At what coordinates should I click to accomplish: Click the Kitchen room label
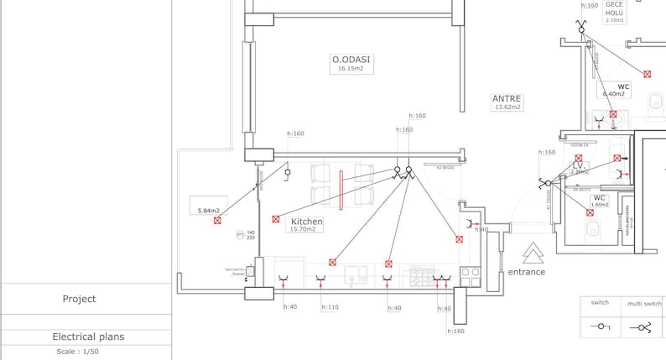tap(306, 221)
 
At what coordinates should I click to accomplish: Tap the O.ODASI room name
tap(351, 60)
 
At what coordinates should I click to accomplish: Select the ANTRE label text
tap(507, 98)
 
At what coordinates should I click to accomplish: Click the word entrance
tap(526, 272)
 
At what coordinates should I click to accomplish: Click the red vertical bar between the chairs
tap(341, 190)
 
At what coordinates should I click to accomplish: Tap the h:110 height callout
tap(330, 308)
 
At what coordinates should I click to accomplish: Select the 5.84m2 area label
tap(209, 211)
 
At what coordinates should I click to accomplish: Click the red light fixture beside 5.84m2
tap(217, 221)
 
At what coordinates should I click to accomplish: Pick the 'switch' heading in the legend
tap(600, 303)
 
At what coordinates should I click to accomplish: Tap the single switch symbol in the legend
tap(600, 326)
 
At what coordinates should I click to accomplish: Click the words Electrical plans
tap(88, 337)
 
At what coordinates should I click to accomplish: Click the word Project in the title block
tap(79, 299)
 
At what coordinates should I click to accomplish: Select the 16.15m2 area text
tap(351, 69)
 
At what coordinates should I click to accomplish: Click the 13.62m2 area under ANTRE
tap(507, 107)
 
